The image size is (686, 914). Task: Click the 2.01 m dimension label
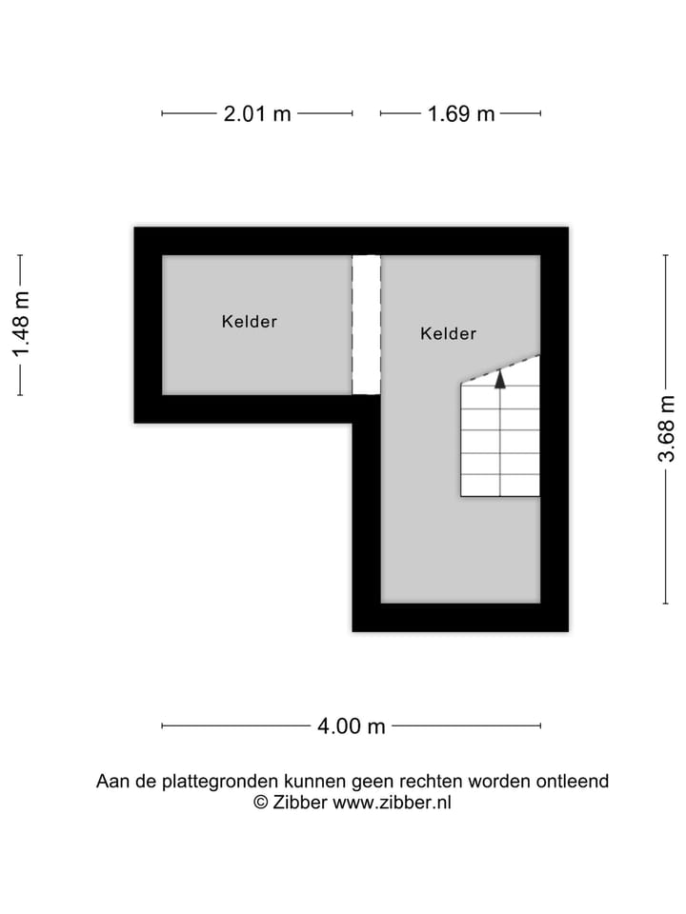[x=257, y=114]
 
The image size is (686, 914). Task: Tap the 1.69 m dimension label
[x=461, y=114]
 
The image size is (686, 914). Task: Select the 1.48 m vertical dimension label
[x=21, y=324]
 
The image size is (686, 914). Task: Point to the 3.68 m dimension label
[x=666, y=428]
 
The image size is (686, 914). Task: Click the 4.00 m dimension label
[x=352, y=726]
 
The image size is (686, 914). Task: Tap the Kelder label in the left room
[x=249, y=322]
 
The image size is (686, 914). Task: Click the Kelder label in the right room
[x=448, y=334]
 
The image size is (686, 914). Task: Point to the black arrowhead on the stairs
[x=499, y=379]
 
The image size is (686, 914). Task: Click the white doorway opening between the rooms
[x=366, y=324]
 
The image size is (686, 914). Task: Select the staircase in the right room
[x=500, y=438]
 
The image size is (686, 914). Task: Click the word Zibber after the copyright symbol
[x=299, y=803]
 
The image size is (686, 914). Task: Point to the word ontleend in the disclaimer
[x=571, y=782]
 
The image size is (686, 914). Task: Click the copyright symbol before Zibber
[x=260, y=803]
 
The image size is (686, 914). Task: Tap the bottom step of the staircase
[x=500, y=485]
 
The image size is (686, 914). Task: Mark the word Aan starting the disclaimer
[x=111, y=782]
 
